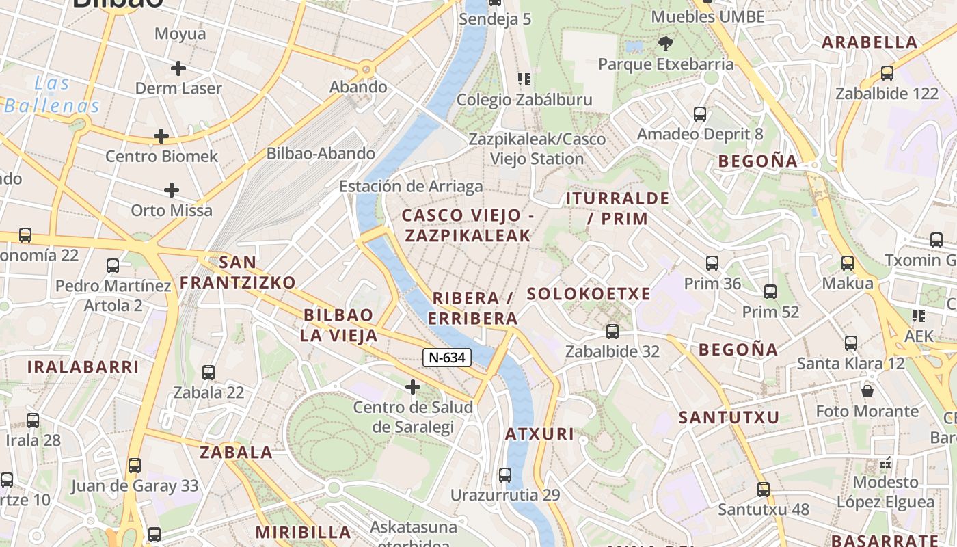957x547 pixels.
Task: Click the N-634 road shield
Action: [447, 357]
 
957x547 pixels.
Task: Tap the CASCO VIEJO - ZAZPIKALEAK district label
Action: [468, 226]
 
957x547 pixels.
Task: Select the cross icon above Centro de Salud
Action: [413, 387]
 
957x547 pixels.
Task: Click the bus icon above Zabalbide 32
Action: [612, 332]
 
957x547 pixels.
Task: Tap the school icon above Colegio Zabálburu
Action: [524, 79]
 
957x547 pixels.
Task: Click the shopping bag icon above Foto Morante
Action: [867, 391]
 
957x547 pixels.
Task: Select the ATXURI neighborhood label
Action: [539, 434]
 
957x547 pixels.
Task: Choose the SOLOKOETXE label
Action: [589, 294]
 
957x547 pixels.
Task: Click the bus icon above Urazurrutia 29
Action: [505, 475]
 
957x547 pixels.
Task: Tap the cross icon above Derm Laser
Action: [178, 68]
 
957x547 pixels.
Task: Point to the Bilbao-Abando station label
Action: [321, 153]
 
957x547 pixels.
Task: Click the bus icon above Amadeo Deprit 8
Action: [700, 114]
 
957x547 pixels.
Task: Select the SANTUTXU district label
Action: [729, 417]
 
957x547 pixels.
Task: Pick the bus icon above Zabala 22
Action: [208, 373]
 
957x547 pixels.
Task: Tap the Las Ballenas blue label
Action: [52, 95]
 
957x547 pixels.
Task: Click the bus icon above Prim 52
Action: [770, 292]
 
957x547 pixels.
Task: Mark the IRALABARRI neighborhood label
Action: [83, 366]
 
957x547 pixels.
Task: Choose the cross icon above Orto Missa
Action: [172, 190]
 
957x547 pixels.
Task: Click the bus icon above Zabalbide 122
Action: [887, 73]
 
